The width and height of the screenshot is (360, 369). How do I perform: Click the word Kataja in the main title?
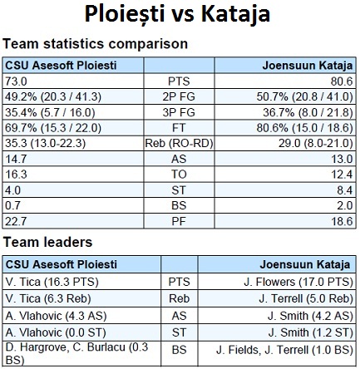point(235,14)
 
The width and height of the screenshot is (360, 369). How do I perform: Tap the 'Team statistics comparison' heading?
point(96,44)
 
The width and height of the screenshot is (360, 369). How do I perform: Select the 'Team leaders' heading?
point(47,242)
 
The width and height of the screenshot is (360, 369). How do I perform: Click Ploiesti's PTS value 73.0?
point(16,81)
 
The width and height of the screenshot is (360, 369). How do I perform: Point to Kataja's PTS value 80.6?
point(342,81)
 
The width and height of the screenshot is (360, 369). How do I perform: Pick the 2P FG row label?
point(179,96)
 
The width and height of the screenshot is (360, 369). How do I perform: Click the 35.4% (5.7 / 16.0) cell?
point(50,112)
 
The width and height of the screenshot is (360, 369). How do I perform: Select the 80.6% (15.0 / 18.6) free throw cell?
point(304,128)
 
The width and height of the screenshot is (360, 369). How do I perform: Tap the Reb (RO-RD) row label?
point(179,144)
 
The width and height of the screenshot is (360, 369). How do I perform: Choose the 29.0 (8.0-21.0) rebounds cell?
point(316,144)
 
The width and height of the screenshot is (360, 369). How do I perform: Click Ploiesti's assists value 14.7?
point(16,159)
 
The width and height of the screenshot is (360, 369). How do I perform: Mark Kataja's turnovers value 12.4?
point(342,175)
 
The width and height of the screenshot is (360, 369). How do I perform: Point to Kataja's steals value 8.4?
point(345,190)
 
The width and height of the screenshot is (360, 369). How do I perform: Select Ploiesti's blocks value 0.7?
point(12,205)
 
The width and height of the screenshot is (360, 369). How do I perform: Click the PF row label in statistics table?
point(179,221)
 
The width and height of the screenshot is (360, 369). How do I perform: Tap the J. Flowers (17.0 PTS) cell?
point(298,282)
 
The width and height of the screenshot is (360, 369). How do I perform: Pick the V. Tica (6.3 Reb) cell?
point(48,298)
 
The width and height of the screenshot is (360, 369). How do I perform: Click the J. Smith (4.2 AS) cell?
point(310,316)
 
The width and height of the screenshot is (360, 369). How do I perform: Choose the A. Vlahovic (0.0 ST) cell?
point(56,332)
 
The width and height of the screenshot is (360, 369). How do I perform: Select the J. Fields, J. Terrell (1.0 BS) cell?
point(284,350)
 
